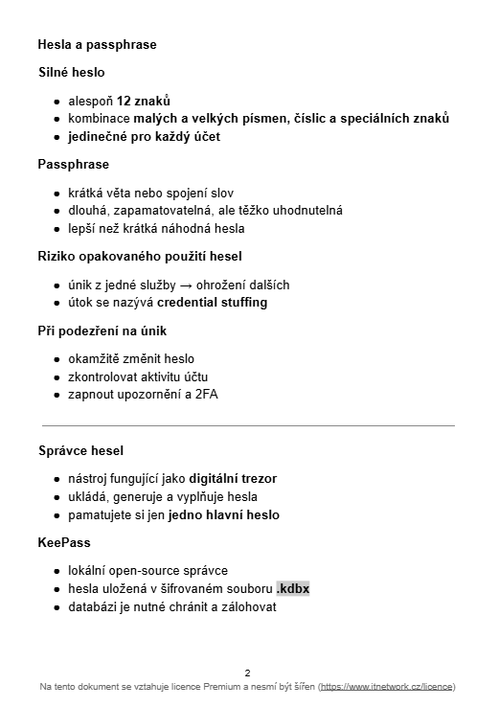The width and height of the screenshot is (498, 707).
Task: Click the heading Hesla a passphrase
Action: [97, 44]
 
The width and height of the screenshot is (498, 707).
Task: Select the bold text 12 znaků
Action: [144, 100]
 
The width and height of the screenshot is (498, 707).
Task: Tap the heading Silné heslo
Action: [72, 72]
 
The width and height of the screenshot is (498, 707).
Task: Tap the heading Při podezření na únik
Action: [102, 331]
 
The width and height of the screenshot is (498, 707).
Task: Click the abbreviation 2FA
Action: [206, 396]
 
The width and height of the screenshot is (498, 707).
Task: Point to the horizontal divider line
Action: [248, 424]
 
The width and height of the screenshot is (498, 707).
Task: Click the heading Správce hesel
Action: [80, 450]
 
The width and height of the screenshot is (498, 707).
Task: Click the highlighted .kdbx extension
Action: [293, 589]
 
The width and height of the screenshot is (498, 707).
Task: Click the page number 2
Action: [248, 673]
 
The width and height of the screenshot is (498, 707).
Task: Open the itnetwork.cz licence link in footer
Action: [386, 687]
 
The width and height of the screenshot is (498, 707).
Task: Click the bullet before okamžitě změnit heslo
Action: [57, 359]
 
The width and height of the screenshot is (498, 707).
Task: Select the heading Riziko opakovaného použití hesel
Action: [140, 256]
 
